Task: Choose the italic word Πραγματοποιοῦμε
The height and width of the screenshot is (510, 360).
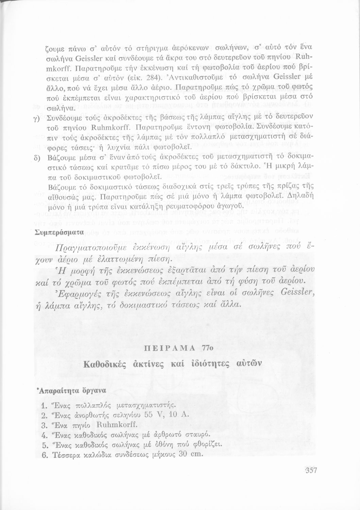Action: click(88, 248)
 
